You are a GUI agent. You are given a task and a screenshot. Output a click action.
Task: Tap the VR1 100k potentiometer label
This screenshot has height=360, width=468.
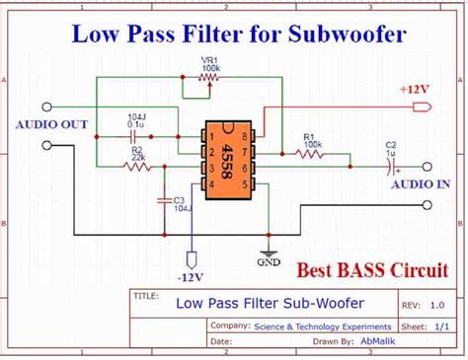[210, 66]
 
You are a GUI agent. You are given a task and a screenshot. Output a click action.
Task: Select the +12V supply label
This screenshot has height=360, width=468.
[415, 89]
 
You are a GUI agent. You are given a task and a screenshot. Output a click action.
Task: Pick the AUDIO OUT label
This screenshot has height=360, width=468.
[52, 124]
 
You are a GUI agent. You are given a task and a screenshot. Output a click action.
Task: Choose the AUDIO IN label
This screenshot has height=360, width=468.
[421, 184]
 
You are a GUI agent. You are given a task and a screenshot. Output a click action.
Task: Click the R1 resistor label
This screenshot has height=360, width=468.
[311, 138]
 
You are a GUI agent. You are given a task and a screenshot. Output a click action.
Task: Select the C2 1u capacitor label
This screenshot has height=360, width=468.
[390, 151]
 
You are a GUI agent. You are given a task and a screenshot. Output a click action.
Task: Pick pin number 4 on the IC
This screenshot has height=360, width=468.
[211, 182]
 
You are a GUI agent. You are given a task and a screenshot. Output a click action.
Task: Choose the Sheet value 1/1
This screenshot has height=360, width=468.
[439, 324]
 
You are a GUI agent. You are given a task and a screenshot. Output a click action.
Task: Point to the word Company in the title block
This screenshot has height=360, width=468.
[229, 324]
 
